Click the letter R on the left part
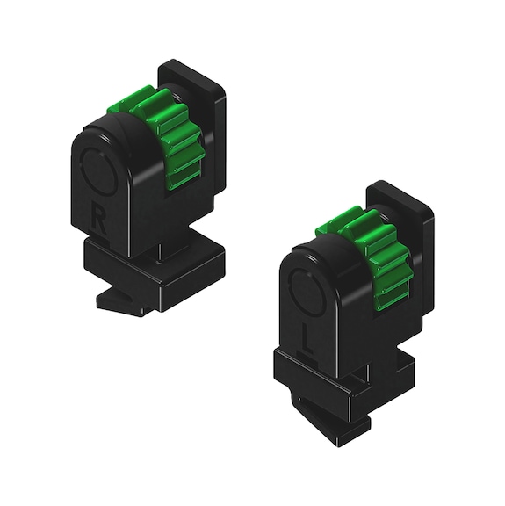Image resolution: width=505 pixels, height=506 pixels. pyautogui.click(x=99, y=214)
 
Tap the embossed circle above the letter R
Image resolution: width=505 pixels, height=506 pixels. pyautogui.click(x=97, y=169)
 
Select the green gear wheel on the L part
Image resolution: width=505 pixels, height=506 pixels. pyautogui.click(x=369, y=255)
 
